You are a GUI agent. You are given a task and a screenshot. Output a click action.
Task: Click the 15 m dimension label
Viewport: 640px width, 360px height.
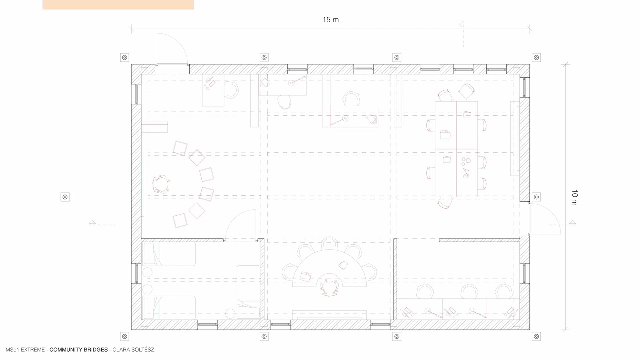coord(330,20)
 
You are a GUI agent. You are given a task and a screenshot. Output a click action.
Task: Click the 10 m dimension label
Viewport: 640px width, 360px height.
coord(574,197)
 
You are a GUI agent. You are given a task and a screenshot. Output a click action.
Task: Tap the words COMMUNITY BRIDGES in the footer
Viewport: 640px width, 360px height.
coord(79,350)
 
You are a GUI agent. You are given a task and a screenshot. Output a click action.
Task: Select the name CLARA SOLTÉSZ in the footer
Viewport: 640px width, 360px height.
coord(133,350)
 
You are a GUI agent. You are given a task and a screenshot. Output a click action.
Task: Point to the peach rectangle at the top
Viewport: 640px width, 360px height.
coord(118,5)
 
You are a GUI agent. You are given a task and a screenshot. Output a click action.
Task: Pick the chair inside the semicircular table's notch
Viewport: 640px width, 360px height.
coord(329,288)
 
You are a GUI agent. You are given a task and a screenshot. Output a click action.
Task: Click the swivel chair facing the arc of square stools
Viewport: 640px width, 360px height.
coord(161,184)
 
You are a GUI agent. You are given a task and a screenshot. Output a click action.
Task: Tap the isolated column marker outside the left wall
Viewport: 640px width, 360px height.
coord(65,197)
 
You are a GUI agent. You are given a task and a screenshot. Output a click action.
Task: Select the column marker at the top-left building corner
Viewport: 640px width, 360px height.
coord(125,57)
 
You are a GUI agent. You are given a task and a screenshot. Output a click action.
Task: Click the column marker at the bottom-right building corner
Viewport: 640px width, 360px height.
coord(536,336)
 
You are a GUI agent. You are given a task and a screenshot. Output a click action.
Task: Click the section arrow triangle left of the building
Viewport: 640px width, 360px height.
coord(92,222)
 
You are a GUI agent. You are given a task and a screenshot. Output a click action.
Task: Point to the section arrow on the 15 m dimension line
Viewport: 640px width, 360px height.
coord(460,24)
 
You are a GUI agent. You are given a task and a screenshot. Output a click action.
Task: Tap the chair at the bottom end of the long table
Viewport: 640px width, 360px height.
coord(445,203)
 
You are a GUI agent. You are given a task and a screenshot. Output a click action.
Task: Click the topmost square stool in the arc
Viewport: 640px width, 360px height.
coord(180,148)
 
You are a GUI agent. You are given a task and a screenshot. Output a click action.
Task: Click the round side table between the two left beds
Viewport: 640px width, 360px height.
coord(147,273)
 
